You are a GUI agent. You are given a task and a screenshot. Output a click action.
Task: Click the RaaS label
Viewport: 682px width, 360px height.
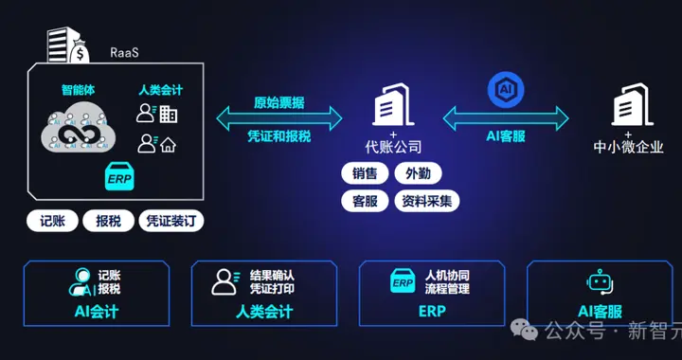pyautogui.click(x=124, y=53)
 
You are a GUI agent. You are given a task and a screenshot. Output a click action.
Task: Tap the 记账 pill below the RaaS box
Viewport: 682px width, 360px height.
pyautogui.click(x=52, y=221)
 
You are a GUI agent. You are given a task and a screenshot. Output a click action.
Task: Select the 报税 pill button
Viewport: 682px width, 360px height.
pyautogui.click(x=108, y=221)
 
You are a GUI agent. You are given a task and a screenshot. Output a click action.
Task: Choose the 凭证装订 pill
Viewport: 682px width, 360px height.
pyautogui.click(x=170, y=221)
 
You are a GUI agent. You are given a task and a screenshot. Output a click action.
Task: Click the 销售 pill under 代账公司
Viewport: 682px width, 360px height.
pyautogui.click(x=365, y=174)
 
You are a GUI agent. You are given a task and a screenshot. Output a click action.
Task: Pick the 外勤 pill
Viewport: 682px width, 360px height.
pyautogui.click(x=418, y=174)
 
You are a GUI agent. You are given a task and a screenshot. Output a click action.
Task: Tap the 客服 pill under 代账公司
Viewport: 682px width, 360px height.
pyautogui.click(x=365, y=201)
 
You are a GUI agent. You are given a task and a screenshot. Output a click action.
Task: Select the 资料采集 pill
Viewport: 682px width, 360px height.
pyautogui.click(x=426, y=201)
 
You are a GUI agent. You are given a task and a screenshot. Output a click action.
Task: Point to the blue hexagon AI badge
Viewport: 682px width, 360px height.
pyautogui.click(x=506, y=90)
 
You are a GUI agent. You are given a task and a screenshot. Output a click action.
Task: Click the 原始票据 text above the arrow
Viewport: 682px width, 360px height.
pyautogui.click(x=279, y=103)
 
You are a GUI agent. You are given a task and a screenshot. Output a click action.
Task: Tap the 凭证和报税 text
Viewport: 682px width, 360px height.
pyautogui.click(x=279, y=136)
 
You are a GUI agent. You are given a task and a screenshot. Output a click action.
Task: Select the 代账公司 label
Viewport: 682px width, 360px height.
pyautogui.click(x=393, y=147)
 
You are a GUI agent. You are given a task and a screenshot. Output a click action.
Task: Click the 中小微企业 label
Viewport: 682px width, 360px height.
pyautogui.click(x=629, y=147)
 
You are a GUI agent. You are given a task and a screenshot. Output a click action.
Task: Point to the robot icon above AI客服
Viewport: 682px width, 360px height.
pyautogui.click(x=600, y=281)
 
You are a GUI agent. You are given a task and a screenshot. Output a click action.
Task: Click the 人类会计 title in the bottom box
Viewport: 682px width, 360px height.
pyautogui.click(x=264, y=312)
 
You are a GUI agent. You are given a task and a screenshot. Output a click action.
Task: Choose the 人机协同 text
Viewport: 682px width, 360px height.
pyautogui.click(x=447, y=276)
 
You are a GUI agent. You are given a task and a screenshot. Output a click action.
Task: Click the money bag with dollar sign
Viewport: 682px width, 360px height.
pyautogui.click(x=80, y=53)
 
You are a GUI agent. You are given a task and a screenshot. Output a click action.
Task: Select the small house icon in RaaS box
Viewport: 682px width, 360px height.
pyautogui.click(x=168, y=145)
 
